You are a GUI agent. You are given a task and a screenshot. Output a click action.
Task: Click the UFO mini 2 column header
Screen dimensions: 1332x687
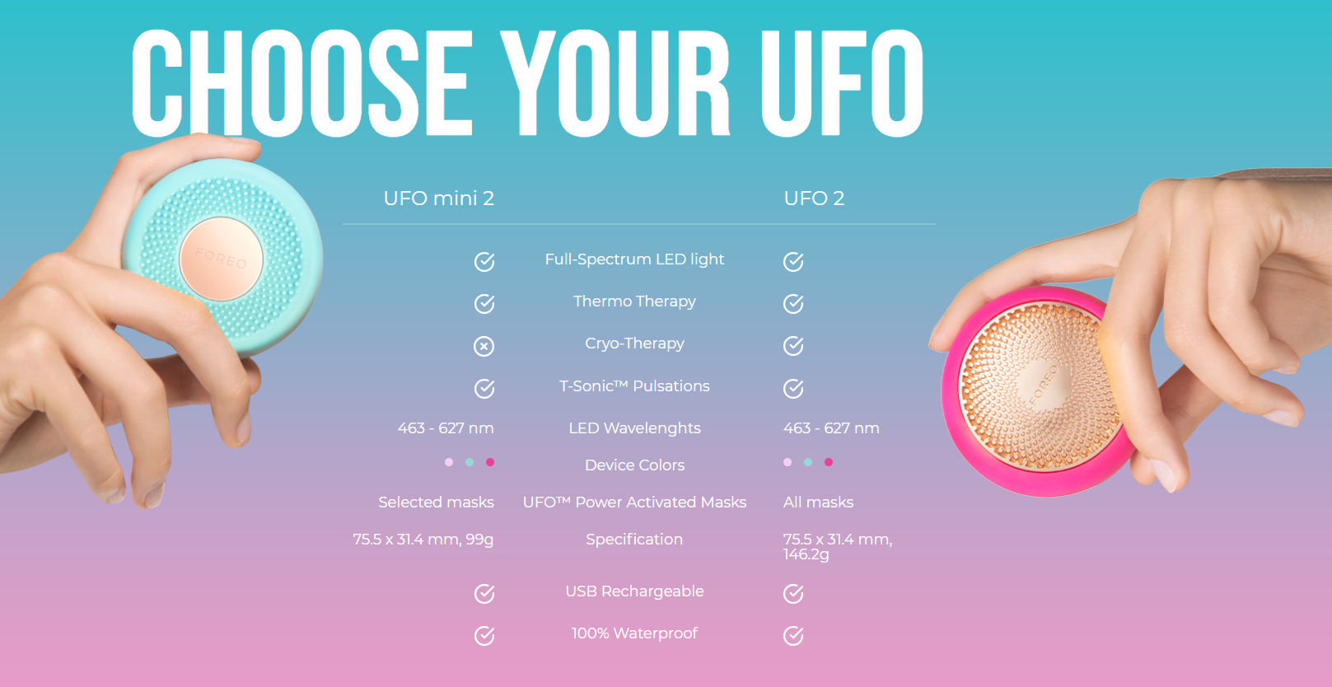click(439, 198)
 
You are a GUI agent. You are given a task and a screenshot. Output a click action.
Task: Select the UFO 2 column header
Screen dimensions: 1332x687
click(814, 198)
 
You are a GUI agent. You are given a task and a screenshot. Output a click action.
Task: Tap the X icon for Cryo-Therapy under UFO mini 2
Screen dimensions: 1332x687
click(484, 346)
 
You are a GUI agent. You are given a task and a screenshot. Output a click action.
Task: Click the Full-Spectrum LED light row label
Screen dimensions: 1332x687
click(634, 260)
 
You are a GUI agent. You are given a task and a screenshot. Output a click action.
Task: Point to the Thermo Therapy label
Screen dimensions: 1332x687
click(634, 301)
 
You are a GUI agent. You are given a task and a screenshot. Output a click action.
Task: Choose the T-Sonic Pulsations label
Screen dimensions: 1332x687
click(634, 386)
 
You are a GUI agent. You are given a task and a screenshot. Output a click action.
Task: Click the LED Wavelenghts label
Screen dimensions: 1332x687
click(634, 428)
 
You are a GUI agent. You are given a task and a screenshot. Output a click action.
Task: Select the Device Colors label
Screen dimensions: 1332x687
click(634, 465)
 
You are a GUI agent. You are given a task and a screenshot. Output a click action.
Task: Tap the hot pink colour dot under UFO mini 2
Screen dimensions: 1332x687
click(490, 462)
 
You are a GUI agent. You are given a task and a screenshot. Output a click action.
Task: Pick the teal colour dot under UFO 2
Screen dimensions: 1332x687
click(808, 462)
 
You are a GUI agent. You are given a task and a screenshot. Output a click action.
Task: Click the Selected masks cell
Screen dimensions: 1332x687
click(436, 502)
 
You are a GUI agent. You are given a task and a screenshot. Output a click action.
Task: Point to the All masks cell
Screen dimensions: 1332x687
click(818, 502)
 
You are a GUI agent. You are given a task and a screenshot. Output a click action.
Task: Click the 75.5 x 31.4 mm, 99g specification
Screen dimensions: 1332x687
click(423, 540)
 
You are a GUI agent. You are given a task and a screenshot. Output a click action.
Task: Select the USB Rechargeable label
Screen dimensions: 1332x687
click(634, 591)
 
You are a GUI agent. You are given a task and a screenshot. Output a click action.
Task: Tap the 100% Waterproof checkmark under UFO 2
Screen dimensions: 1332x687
click(793, 635)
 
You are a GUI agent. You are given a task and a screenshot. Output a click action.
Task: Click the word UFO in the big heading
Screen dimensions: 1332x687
click(841, 82)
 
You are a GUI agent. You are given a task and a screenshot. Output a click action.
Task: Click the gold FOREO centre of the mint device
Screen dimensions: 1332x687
click(222, 259)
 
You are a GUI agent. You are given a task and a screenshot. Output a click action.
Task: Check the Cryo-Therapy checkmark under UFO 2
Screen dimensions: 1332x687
click(793, 346)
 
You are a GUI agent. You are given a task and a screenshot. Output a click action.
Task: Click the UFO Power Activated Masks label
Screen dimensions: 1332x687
click(634, 502)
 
